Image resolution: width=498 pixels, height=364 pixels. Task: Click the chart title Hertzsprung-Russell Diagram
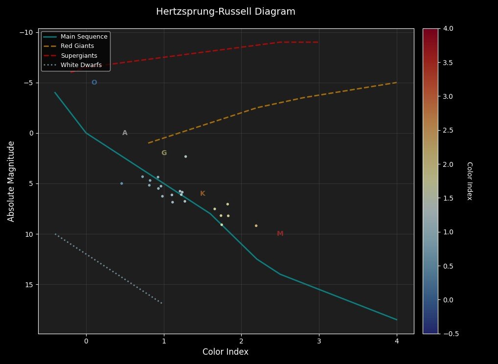(226, 12)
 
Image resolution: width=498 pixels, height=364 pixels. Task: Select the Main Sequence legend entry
(84, 37)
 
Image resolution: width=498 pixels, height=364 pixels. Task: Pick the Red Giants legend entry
(77, 46)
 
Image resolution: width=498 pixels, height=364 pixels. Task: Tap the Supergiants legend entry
(78, 55)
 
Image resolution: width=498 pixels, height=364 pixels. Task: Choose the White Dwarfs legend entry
(81, 65)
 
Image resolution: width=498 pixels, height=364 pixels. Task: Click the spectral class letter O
(94, 82)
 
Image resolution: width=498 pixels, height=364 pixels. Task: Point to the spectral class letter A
(125, 133)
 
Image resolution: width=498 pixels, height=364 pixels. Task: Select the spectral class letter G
(164, 153)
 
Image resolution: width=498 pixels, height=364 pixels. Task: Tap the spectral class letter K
(203, 193)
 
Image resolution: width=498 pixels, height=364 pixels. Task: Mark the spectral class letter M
(280, 233)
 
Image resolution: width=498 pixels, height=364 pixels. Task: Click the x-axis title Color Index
(226, 352)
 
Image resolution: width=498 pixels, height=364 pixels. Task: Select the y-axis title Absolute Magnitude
(11, 181)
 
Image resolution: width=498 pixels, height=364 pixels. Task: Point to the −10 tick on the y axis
(26, 32)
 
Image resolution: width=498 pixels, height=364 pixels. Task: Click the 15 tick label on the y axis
(28, 285)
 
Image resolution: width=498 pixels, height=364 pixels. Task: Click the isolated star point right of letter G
(185, 157)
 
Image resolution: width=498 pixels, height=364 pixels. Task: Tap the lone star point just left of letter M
(256, 226)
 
